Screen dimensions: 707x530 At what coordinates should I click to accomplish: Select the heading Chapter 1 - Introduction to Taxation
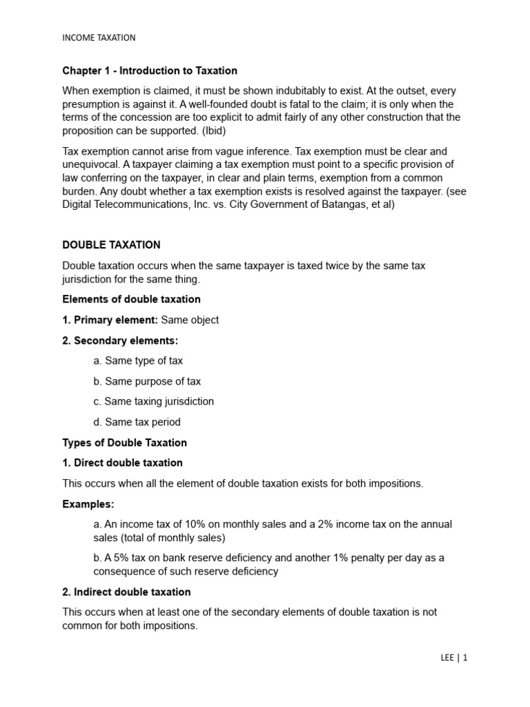(x=150, y=70)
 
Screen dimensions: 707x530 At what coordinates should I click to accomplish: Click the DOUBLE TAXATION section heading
(x=111, y=245)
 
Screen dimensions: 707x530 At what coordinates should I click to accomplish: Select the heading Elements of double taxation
(x=131, y=299)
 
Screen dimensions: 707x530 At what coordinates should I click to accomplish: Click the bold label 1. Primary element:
(x=110, y=320)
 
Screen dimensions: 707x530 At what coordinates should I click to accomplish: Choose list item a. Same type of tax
(x=138, y=360)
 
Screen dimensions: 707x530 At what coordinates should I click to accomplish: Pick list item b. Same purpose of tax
(x=147, y=381)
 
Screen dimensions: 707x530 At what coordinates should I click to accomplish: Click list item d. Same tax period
(x=137, y=422)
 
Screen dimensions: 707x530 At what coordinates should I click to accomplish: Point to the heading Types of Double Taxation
(x=124, y=442)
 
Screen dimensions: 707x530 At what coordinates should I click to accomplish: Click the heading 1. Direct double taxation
(x=122, y=463)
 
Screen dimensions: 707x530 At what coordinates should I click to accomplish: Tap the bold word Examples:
(x=88, y=504)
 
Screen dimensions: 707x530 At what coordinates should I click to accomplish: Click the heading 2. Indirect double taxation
(x=126, y=592)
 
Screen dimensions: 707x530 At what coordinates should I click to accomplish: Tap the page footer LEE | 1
(x=453, y=658)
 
